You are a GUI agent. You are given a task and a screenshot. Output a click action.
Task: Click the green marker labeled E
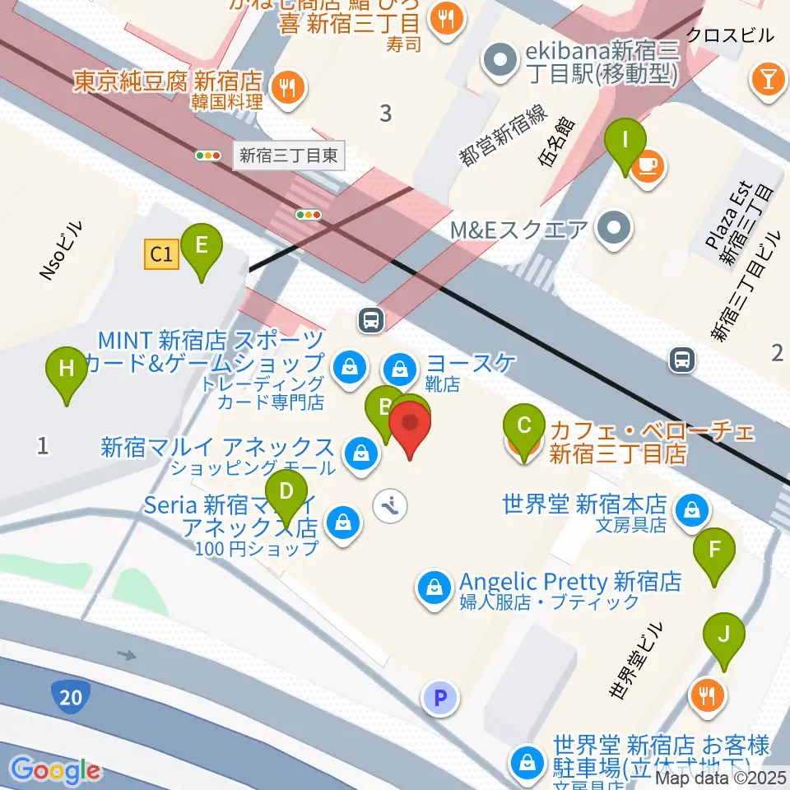pyautogui.click(x=201, y=246)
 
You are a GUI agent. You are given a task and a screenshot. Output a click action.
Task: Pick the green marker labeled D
pyautogui.click(x=286, y=493)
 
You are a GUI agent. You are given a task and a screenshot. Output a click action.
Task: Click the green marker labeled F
pyautogui.click(x=714, y=549)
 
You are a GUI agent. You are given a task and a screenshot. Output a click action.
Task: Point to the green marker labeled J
pyautogui.click(x=724, y=635)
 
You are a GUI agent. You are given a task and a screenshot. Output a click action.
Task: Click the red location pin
pyautogui.click(x=411, y=427)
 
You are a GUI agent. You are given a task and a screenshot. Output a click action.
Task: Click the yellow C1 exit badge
pyautogui.click(x=161, y=255)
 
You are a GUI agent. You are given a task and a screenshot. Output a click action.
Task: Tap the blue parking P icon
pyautogui.click(x=440, y=699)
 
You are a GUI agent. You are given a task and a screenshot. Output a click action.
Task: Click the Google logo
pyautogui.click(x=55, y=770)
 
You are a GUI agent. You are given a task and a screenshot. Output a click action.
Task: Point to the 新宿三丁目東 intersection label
pyautogui.click(x=288, y=155)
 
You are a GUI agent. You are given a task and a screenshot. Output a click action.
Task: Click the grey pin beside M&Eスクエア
pyautogui.click(x=613, y=226)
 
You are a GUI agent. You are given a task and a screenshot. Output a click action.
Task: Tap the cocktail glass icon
pyautogui.click(x=767, y=80)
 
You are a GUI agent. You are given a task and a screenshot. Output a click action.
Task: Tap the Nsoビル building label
pyautogui.click(x=62, y=252)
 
